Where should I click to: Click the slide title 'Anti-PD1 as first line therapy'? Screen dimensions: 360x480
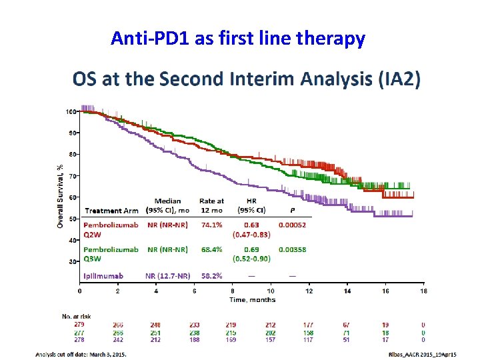[238, 39]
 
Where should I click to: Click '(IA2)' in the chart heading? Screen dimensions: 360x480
[399, 80]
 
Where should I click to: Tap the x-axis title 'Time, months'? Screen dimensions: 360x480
[252, 300]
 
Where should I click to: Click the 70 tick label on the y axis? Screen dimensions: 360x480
[73, 176]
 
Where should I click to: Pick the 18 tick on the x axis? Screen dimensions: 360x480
[423, 291]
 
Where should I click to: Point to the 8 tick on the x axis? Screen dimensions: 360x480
[233, 291]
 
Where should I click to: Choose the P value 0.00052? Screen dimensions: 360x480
[291, 225]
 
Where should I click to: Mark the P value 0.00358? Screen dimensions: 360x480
[291, 250]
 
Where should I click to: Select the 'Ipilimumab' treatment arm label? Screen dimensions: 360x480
[103, 275]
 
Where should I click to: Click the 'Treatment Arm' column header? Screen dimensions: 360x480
[111, 211]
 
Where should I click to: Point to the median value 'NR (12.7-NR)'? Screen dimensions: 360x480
[167, 275]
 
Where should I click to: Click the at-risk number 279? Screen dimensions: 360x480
[80, 325]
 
